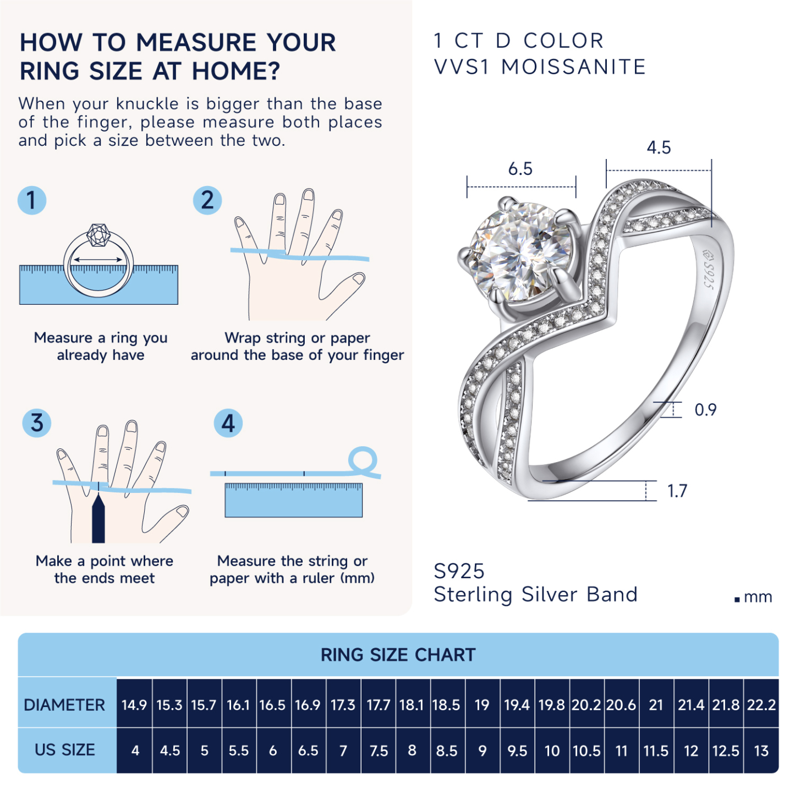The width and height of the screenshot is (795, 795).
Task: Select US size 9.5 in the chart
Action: coord(517,750)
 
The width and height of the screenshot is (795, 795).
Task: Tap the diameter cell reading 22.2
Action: coord(761,705)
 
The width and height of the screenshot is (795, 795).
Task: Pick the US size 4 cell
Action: coord(135,750)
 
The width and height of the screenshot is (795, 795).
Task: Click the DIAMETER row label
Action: coord(64,705)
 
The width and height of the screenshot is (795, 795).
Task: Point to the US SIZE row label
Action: coord(65,750)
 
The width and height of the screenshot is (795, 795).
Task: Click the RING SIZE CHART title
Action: coord(398,655)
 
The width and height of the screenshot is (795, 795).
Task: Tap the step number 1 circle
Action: coord(32,200)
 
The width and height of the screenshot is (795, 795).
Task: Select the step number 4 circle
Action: coord(228,423)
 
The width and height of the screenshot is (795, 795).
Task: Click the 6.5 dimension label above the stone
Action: coord(520,169)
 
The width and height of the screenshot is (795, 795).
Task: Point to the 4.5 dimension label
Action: coord(659,147)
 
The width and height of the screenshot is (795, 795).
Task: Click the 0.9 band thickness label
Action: coord(705,410)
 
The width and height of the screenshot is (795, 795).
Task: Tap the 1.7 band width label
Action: coord(677,491)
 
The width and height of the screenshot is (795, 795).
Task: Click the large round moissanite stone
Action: coord(520,251)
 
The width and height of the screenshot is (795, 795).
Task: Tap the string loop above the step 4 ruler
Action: coord(363,462)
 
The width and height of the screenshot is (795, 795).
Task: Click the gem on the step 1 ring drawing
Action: coord(98,235)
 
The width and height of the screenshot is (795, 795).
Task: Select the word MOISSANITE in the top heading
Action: coord(573,67)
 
